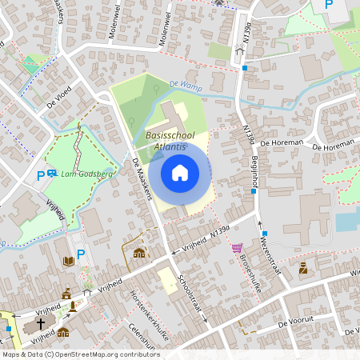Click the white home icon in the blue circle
[x=180, y=172]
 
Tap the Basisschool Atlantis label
[x=170, y=142]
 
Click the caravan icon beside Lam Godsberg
[x=53, y=174]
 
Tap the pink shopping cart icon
[x=237, y=248]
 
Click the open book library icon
[x=69, y=261]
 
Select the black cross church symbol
[x=41, y=325]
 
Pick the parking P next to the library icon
[x=81, y=255]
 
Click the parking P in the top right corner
[x=328, y=5]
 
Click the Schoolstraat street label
[x=193, y=295]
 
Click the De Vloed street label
[x=59, y=96]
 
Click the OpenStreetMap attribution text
[x=81, y=354]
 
